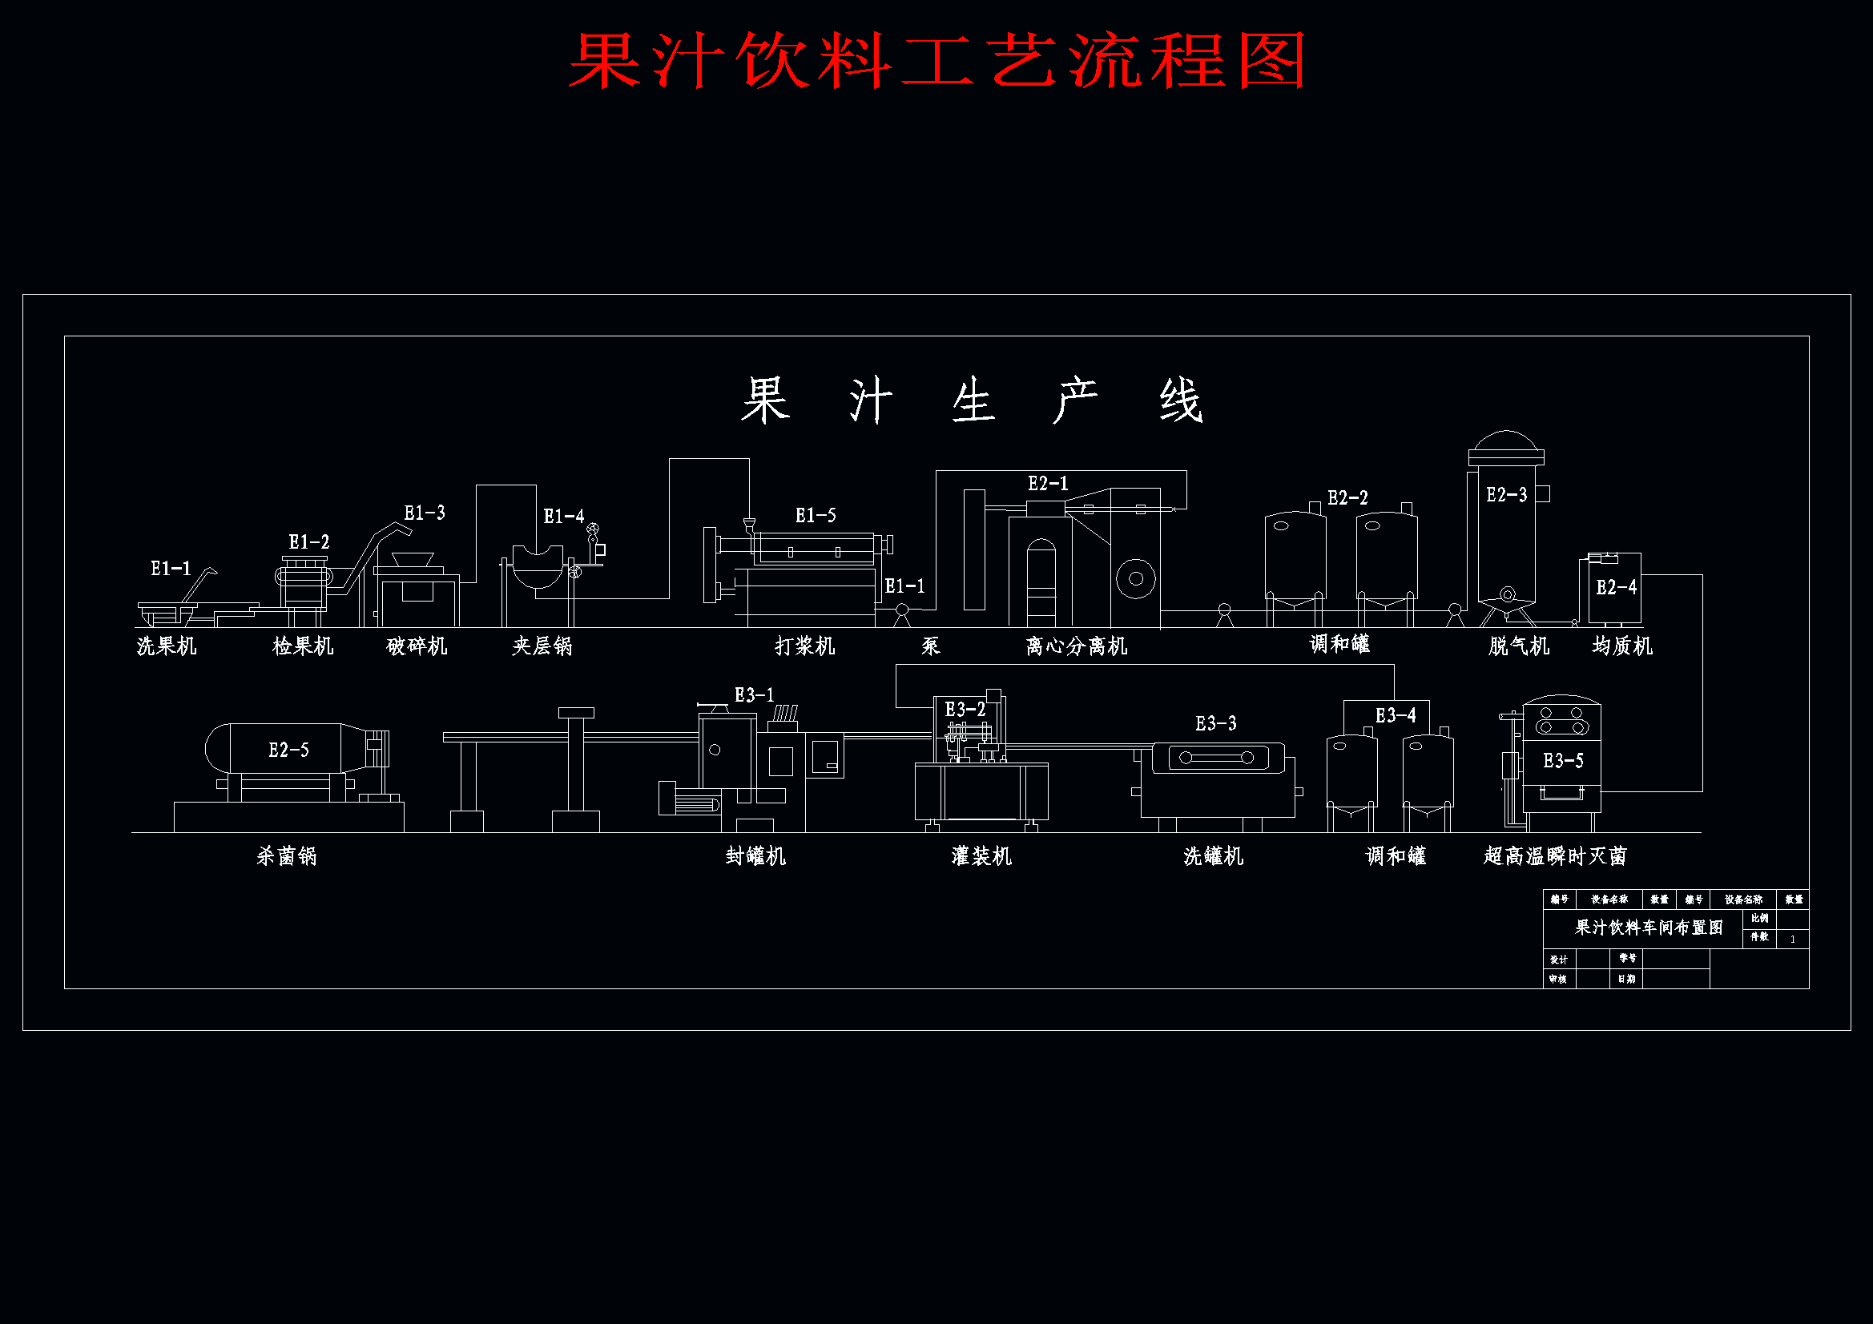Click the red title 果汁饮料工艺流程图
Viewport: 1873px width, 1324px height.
937,61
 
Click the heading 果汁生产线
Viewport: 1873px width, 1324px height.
971,400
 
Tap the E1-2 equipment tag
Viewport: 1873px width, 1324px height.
308,542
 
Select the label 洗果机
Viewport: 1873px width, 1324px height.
167,646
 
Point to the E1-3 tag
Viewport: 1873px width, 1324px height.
425,513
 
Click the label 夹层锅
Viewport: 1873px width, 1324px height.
542,646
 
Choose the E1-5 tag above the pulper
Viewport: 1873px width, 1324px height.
815,516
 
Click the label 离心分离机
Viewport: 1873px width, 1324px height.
1076,646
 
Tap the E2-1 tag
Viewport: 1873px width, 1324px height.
1047,484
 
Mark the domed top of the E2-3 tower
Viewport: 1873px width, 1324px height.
1506,445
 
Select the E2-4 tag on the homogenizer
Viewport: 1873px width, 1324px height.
1616,587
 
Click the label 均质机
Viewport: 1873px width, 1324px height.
1621,646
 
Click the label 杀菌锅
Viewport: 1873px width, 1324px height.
286,855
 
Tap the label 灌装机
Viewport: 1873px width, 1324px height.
981,855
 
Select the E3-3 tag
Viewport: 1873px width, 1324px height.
1215,723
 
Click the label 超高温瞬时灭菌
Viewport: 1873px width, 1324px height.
1555,855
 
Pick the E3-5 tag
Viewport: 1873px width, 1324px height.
1563,761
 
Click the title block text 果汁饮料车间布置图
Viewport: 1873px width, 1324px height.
1649,928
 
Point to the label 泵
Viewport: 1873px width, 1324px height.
931,646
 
